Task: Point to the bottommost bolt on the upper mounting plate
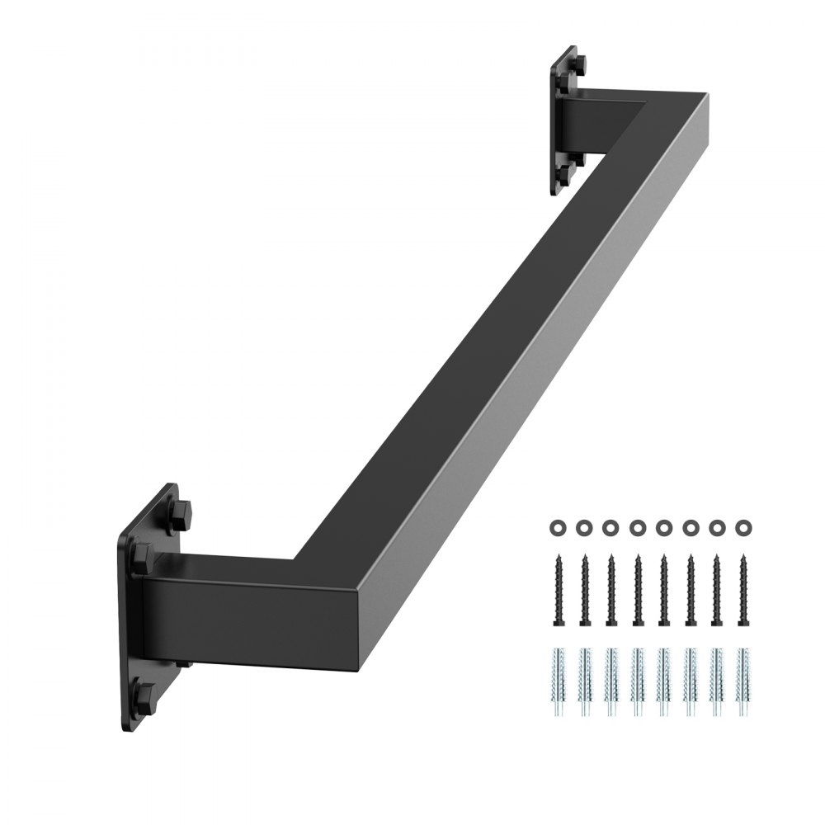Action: tap(565, 174)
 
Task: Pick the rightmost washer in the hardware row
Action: tap(742, 526)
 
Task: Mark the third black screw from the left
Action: tap(610, 588)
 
